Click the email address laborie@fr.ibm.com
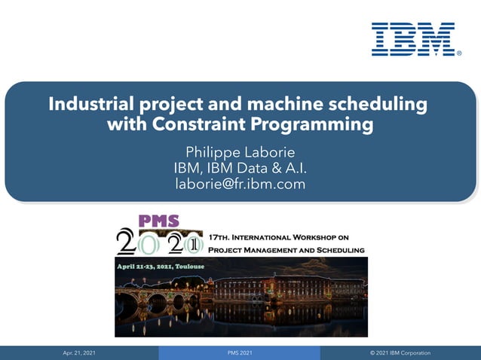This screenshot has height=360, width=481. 240,182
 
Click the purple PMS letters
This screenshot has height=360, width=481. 158,221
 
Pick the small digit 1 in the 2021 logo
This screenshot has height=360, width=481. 194,244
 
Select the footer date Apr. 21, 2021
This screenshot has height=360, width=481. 79,352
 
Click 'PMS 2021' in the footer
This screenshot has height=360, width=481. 240,352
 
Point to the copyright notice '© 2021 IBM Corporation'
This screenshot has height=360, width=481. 400,352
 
